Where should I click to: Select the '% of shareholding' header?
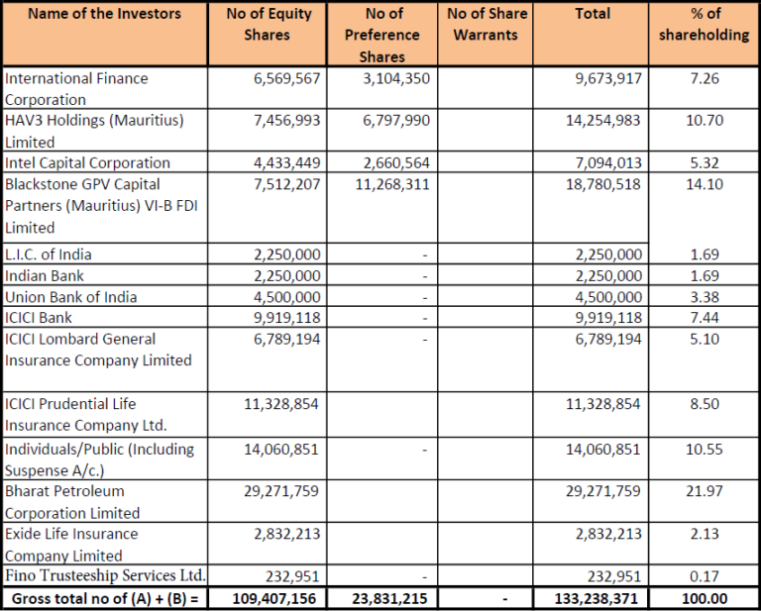pos(704,25)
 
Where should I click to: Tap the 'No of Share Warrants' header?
pos(487,25)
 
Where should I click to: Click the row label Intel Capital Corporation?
pos(87,162)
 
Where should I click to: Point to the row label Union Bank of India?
pos(71,297)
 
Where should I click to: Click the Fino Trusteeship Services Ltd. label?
pos(105,575)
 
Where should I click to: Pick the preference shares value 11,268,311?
pos(392,184)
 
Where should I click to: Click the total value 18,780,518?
pos(607,184)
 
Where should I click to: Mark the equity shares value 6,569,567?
pos(287,78)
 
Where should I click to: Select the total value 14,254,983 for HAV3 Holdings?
pos(607,120)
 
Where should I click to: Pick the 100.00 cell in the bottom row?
pos(707,599)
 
